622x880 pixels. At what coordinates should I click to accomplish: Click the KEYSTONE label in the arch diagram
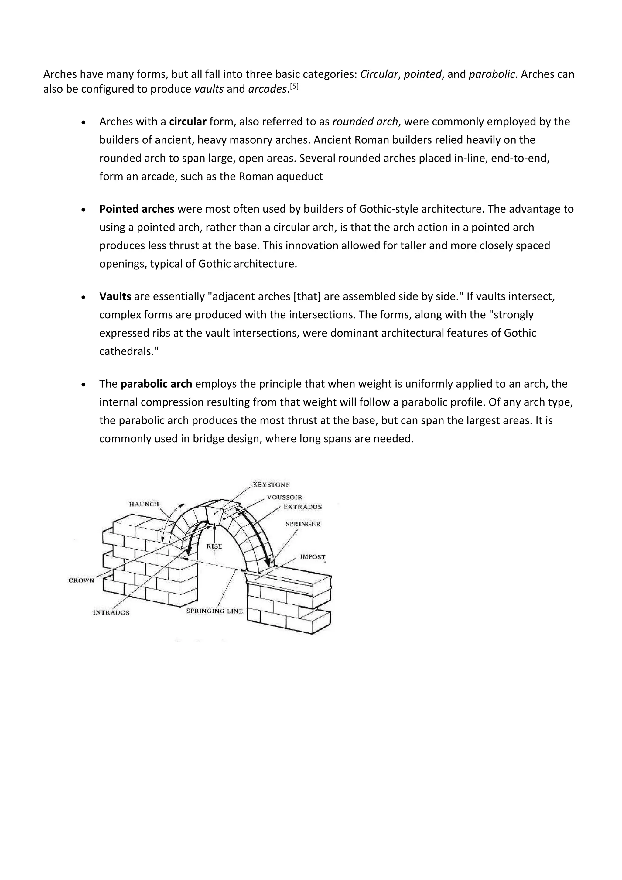point(271,485)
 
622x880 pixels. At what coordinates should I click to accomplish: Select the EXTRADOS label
point(302,507)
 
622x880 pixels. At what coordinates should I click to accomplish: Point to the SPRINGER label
point(303,524)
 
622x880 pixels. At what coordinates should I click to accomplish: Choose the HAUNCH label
point(144,504)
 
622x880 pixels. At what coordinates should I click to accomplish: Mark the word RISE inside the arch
point(214,546)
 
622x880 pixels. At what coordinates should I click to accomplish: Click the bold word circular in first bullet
point(188,122)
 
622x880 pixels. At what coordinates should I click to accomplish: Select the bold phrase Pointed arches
point(137,209)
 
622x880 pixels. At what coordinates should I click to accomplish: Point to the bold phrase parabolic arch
point(156,384)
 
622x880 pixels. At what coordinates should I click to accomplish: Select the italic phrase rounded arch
point(365,122)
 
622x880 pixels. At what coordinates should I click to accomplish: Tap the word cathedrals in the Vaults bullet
point(126,351)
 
